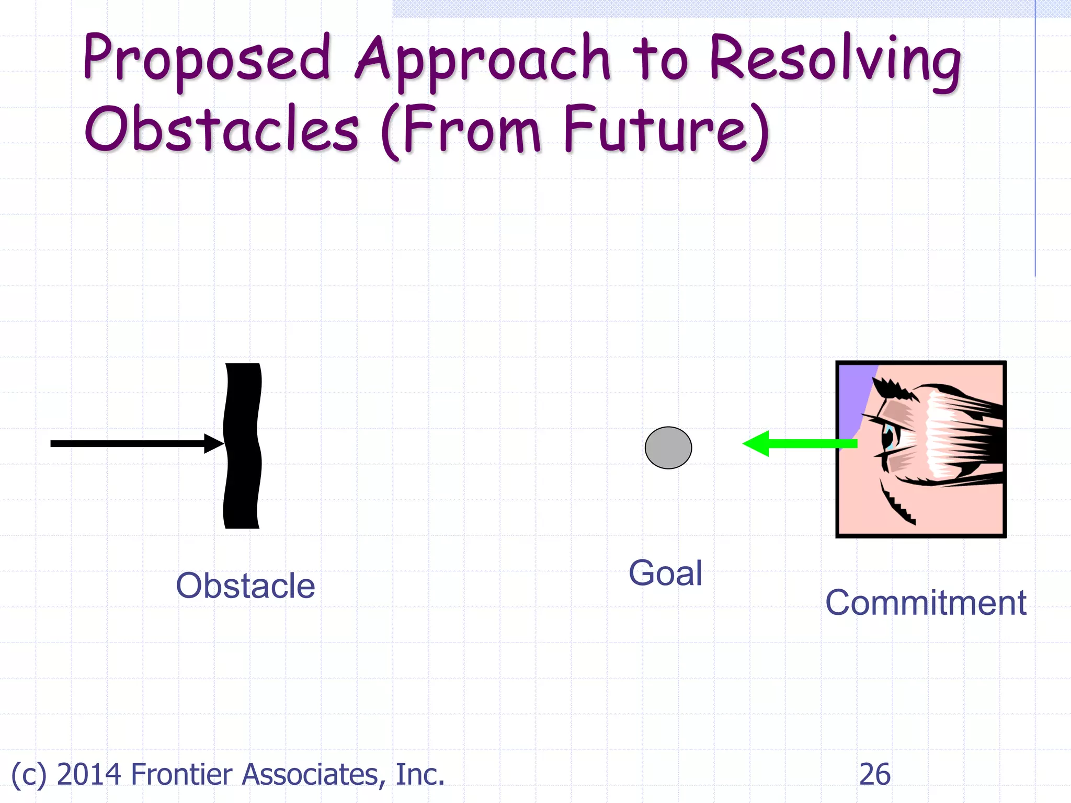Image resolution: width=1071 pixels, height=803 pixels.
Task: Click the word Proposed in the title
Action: tap(207, 59)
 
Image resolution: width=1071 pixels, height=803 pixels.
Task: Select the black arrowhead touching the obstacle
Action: tap(213, 443)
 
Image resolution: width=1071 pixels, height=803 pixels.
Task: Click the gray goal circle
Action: tap(668, 448)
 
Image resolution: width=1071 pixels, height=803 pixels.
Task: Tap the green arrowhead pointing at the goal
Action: tap(757, 444)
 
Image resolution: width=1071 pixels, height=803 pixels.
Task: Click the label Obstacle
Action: tap(245, 586)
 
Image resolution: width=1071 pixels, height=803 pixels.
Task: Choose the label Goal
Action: tap(665, 573)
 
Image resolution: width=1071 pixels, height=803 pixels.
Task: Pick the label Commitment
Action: tap(926, 602)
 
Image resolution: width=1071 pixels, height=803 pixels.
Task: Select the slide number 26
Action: tap(874, 774)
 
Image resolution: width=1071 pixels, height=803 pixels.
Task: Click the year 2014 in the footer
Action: tap(89, 774)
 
